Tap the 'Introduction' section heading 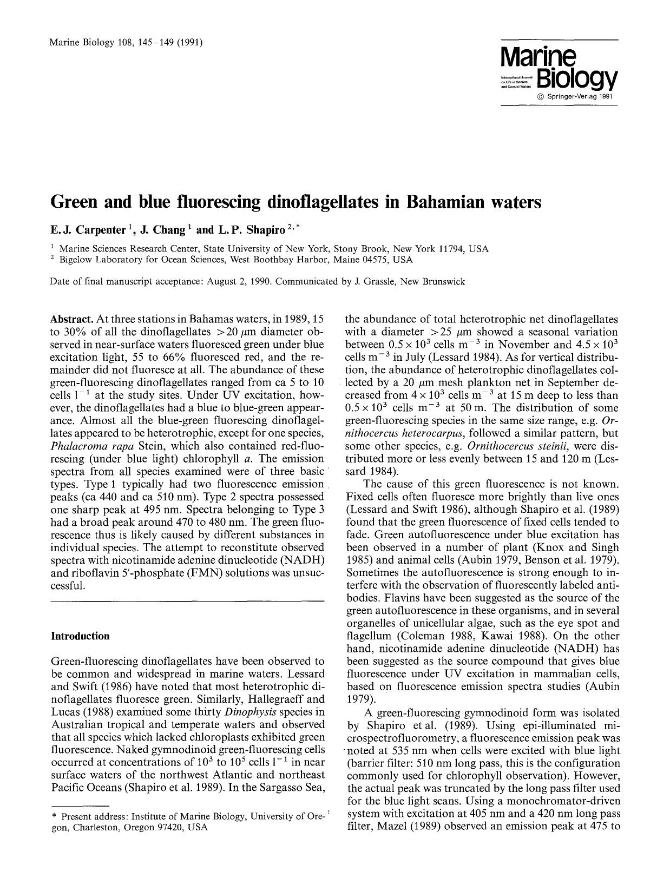pos(80,636)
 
